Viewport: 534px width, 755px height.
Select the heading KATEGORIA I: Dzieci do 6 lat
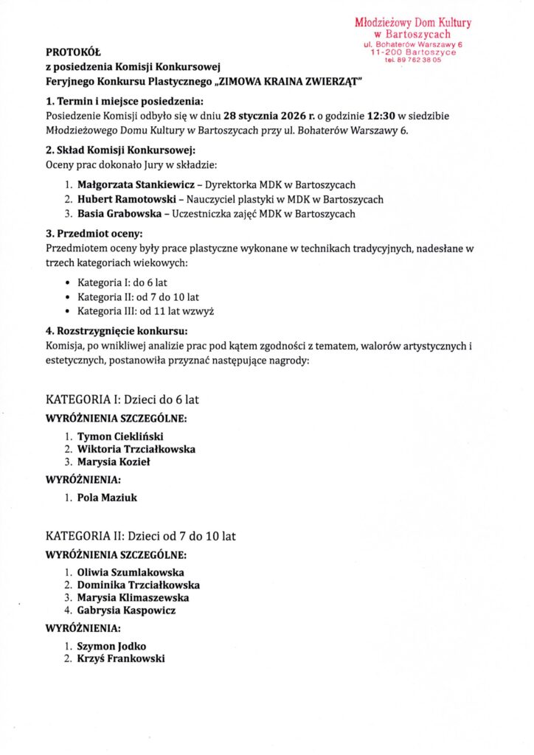tap(122, 400)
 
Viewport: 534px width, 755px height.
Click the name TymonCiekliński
tap(120, 436)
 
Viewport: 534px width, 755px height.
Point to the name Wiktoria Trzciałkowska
tap(136, 449)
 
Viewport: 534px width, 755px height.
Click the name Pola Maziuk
tap(107, 498)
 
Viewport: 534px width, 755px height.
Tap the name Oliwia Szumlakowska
tap(131, 572)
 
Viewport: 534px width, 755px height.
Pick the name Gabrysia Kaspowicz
tap(126, 610)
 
